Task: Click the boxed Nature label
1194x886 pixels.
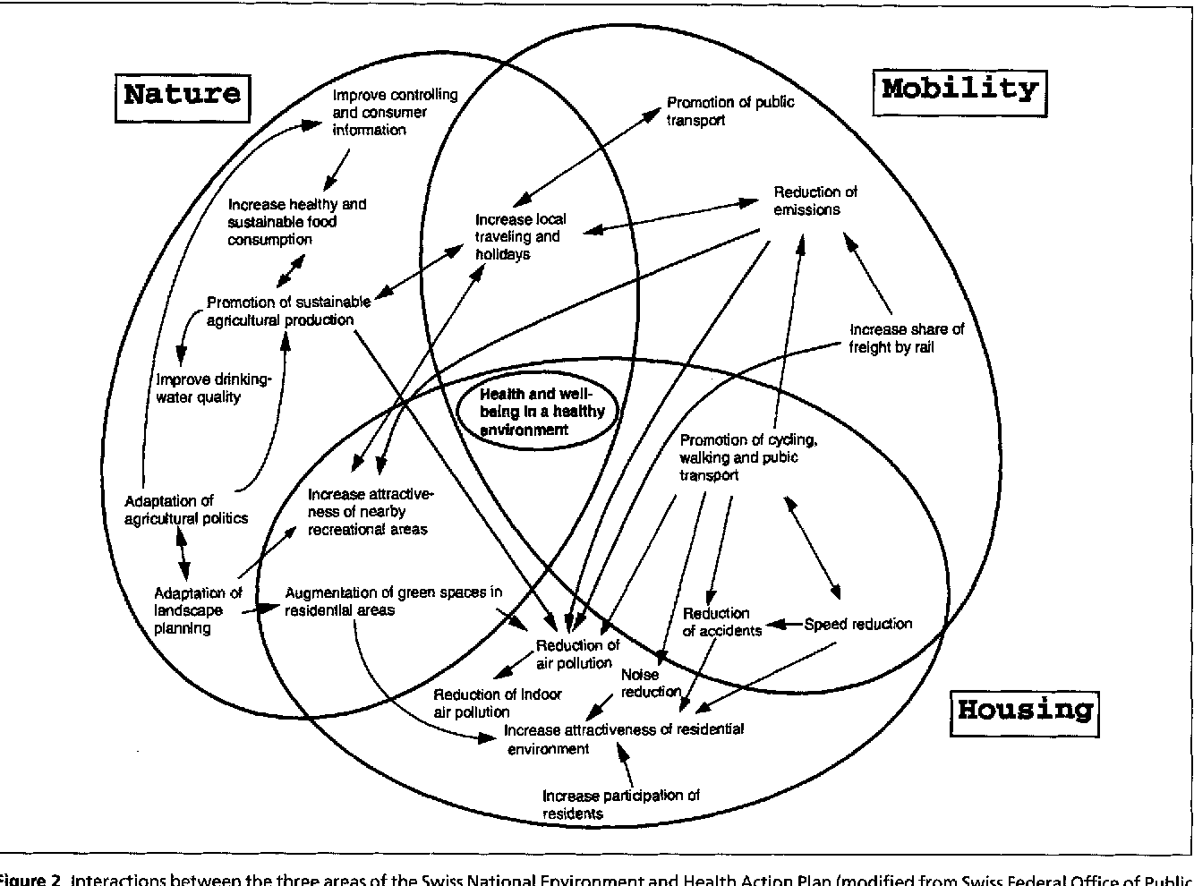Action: coord(183,94)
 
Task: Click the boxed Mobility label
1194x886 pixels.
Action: coord(959,89)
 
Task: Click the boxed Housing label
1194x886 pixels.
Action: coord(1024,711)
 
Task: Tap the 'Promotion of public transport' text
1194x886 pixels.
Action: coord(729,111)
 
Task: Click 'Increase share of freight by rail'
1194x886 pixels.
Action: coord(906,338)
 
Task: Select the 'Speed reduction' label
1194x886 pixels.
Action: coord(857,624)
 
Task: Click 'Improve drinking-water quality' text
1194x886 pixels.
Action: coord(212,388)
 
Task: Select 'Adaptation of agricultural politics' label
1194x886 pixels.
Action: coord(185,509)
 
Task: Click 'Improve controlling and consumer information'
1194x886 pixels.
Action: coord(394,112)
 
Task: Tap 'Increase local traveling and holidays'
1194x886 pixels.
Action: coord(519,236)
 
